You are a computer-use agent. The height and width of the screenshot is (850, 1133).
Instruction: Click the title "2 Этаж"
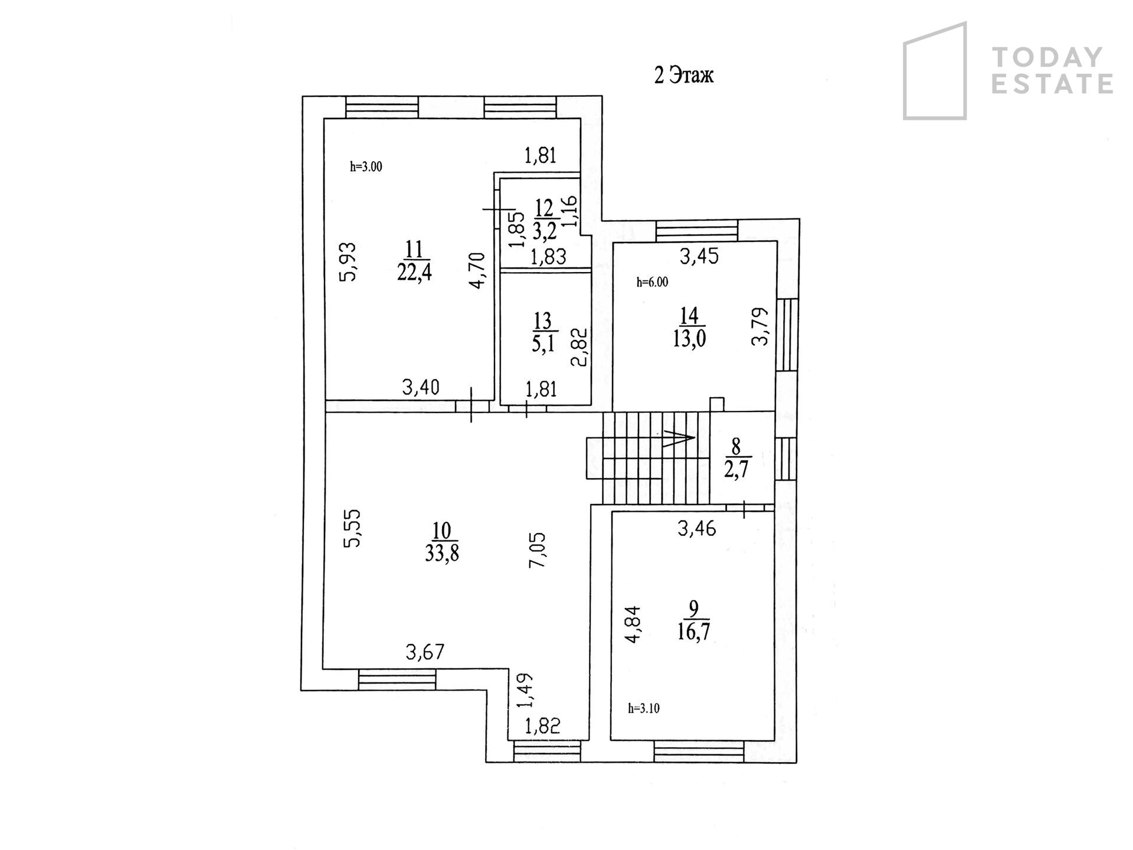[x=684, y=76]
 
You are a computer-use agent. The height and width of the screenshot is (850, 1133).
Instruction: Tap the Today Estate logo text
[x=1052, y=71]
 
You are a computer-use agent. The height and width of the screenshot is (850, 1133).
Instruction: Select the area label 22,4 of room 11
[x=414, y=272]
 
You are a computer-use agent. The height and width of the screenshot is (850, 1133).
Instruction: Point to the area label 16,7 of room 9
[x=694, y=631]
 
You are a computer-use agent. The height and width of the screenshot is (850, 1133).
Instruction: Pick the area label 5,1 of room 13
[x=543, y=343]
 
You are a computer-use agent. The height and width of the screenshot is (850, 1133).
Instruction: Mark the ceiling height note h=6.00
[x=652, y=282]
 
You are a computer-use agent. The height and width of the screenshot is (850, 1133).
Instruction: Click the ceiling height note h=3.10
[x=644, y=708]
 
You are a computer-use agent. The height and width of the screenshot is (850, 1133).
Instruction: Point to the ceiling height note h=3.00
[x=366, y=166]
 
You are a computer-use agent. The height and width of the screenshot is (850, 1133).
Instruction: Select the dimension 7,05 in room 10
[x=538, y=550]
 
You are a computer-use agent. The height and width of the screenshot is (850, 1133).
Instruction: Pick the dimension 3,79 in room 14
[x=761, y=326]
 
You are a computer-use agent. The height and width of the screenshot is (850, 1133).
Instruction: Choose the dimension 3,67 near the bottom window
[x=425, y=652]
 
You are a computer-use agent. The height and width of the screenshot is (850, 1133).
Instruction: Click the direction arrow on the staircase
[x=679, y=438]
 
